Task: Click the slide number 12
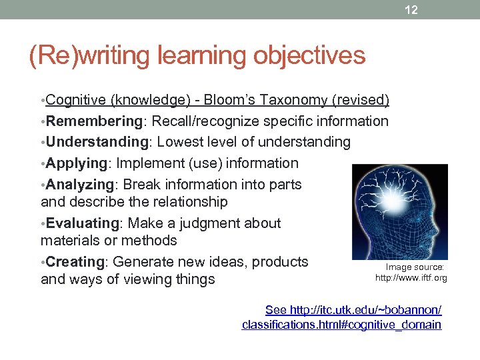412,10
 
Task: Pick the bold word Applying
77,163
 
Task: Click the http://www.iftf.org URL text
411,277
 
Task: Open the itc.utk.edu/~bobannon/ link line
353,310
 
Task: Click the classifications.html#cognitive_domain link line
341,325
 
